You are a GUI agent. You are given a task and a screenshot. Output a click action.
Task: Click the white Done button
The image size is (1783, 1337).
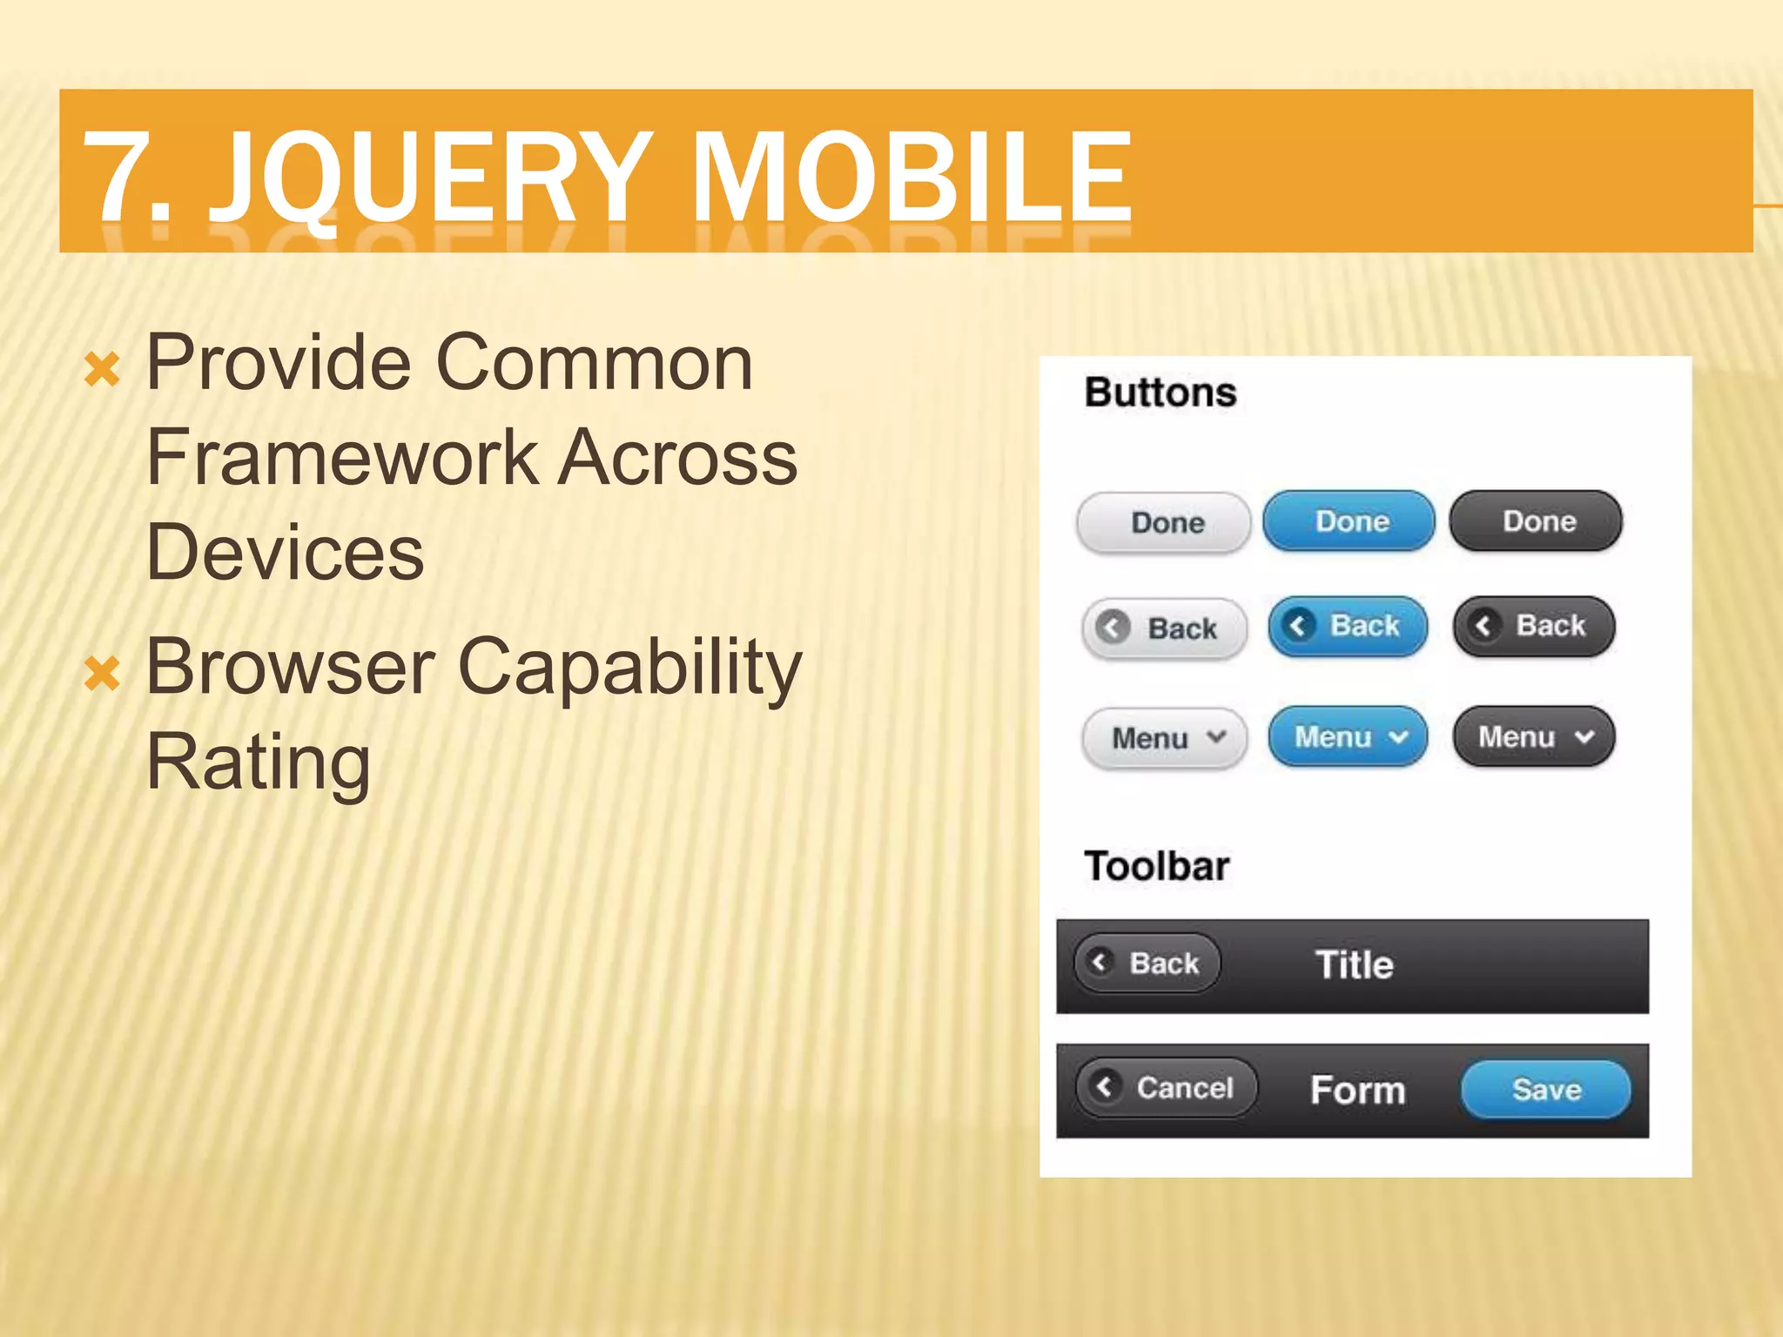(x=1164, y=523)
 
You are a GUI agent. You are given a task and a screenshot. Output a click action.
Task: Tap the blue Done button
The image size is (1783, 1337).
(x=1349, y=521)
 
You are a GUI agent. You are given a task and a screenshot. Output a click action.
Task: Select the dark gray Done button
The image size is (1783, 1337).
(x=1536, y=521)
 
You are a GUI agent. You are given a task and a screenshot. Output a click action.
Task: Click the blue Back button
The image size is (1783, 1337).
(x=1348, y=626)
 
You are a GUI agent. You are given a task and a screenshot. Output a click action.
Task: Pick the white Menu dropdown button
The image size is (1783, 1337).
(x=1165, y=738)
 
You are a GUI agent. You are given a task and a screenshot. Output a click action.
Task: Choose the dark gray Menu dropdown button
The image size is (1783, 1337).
(x=1534, y=737)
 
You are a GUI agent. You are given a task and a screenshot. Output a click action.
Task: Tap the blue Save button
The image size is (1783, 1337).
(x=1545, y=1090)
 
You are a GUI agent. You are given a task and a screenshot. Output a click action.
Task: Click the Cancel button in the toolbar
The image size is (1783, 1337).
(x=1167, y=1087)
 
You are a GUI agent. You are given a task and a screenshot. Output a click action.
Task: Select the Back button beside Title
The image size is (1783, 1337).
(x=1147, y=964)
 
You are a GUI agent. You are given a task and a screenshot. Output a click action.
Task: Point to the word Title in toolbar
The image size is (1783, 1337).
(x=1354, y=965)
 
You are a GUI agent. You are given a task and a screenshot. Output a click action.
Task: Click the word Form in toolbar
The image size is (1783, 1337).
(x=1357, y=1091)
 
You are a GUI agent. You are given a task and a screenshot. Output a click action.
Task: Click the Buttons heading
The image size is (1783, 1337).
(x=1160, y=393)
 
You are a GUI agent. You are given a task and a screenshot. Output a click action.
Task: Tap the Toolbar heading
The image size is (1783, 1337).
(x=1156, y=867)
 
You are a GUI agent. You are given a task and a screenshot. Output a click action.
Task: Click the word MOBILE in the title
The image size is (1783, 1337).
(x=911, y=177)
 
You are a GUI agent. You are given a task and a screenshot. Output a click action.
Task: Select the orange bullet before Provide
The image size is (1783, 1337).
(x=102, y=370)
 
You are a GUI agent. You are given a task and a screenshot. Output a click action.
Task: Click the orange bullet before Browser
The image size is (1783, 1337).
(x=102, y=674)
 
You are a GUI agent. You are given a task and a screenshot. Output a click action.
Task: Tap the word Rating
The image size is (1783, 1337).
(x=258, y=763)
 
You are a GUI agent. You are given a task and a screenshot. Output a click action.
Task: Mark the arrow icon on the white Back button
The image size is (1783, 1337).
(x=1113, y=628)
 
